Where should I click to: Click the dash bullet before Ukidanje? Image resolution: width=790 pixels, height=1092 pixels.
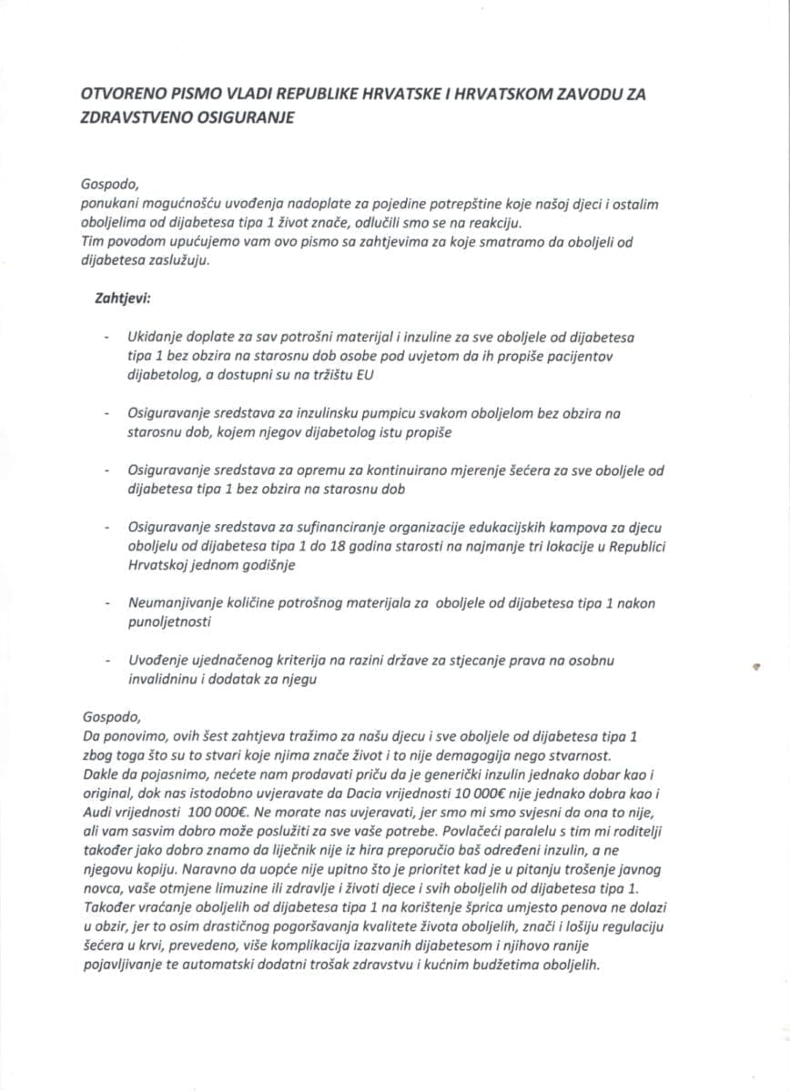[x=109, y=338]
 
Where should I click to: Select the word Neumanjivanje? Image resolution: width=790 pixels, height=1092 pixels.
[x=177, y=602]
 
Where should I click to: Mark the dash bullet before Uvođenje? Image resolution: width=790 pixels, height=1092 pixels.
[x=109, y=660]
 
